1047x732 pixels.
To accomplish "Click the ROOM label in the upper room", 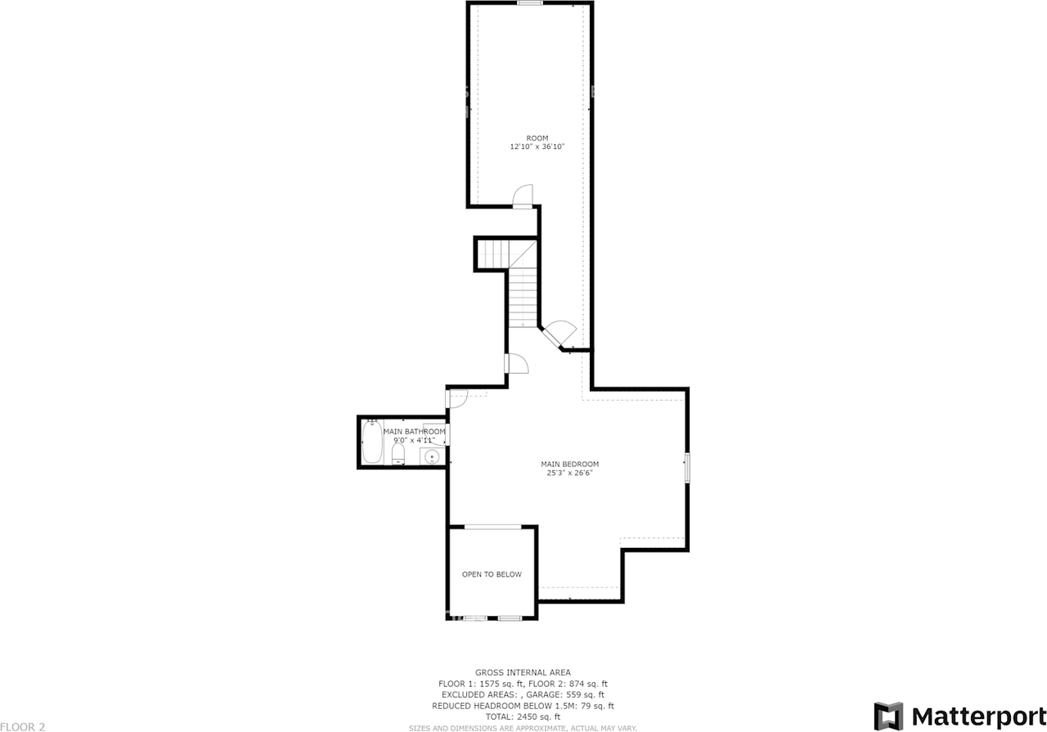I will click(x=537, y=138).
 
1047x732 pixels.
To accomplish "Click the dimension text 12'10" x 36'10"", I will click(x=537, y=147).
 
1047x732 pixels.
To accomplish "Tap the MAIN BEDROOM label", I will click(x=570, y=465).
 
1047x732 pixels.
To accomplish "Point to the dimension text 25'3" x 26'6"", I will click(x=570, y=473).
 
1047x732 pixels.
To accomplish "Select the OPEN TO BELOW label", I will click(x=492, y=575).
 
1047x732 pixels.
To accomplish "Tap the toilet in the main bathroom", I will click(x=398, y=452).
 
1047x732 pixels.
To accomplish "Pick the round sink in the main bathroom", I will click(x=431, y=456).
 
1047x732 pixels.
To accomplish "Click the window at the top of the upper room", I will click(x=530, y=3).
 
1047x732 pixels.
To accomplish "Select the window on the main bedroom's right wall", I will click(x=687, y=468).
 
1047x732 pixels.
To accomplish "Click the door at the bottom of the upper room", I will click(x=522, y=196).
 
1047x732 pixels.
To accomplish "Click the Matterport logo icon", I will click(x=888, y=716).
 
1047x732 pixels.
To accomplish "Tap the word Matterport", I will click(x=979, y=716).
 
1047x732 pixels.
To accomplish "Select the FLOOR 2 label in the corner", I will click(x=23, y=726).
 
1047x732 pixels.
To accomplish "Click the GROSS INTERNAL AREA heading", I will click(x=523, y=672).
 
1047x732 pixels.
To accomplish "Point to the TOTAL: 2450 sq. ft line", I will click(x=523, y=716).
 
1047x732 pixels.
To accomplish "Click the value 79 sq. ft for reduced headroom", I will click(x=595, y=706).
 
